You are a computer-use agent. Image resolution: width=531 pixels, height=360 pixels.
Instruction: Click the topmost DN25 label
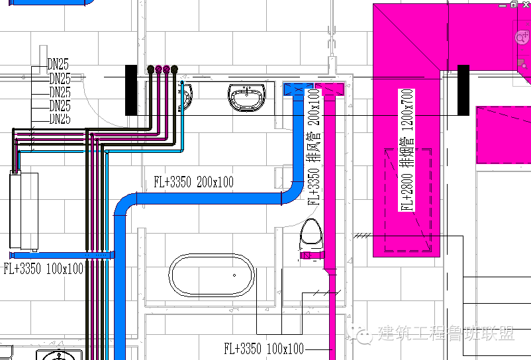(58, 65)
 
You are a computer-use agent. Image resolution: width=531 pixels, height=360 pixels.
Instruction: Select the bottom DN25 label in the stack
(60, 119)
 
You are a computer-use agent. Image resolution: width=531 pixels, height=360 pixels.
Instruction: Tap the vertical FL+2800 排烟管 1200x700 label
(407, 150)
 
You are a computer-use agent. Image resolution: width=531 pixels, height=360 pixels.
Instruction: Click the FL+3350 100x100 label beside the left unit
(44, 268)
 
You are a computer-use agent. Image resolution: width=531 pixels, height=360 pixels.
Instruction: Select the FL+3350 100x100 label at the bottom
(264, 348)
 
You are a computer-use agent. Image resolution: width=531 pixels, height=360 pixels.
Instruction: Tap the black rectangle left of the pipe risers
(131, 89)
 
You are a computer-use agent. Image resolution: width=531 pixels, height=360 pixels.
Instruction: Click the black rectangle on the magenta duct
(463, 89)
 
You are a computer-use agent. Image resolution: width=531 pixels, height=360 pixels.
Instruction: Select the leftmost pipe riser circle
(151, 69)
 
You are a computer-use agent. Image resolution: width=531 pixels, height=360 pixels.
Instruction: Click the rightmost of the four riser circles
(174, 69)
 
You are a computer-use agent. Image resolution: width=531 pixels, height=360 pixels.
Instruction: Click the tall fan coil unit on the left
(24, 210)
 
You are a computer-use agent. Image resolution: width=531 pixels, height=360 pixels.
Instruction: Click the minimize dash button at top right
(500, 4)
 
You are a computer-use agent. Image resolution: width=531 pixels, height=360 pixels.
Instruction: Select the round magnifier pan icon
(521, 37)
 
